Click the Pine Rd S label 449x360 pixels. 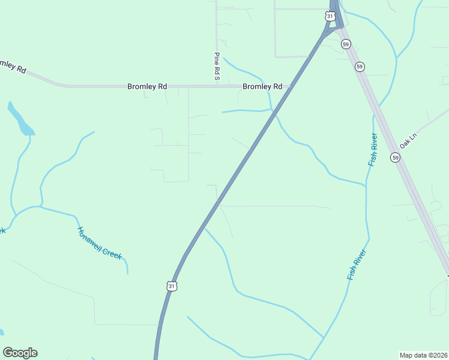tap(217, 67)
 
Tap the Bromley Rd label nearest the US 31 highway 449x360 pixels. tap(262, 86)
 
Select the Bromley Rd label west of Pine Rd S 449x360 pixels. tap(147, 86)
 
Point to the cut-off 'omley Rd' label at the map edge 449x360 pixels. tap(13, 67)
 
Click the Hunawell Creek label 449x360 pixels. tap(100, 242)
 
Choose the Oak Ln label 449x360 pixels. tap(408, 141)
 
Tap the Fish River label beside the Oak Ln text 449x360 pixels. tap(373, 150)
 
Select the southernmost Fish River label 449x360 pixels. tap(357, 264)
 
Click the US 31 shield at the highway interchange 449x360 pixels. tap(330, 16)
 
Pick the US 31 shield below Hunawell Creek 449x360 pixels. tap(172, 286)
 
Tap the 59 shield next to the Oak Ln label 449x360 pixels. tap(395, 157)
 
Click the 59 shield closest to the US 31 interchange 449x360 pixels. tap(346, 44)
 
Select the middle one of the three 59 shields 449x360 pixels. tap(360, 67)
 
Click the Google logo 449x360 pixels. tap(20, 353)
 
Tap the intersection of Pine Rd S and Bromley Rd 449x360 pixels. tap(217, 86)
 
